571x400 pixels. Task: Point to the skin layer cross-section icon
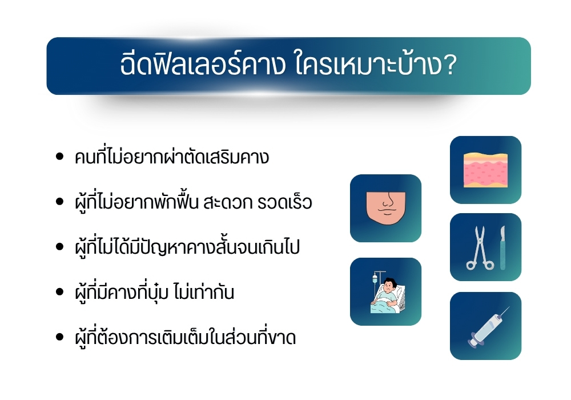click(485, 170)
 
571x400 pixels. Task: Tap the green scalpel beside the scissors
click(502, 247)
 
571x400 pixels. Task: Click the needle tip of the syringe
click(508, 309)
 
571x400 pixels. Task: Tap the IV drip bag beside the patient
click(375, 281)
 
